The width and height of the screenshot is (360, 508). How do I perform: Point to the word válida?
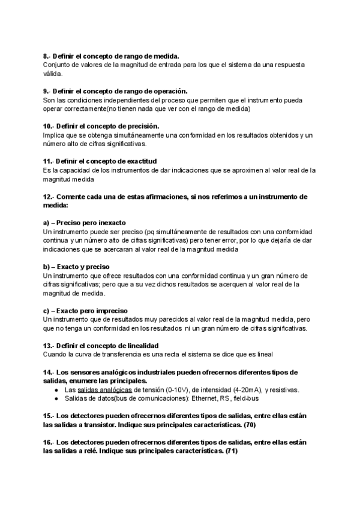click(53, 74)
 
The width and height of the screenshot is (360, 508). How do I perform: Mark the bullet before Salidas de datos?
click(56, 398)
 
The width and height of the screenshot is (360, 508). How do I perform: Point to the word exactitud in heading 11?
click(140, 161)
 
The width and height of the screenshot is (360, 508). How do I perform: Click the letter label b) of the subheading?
click(47, 266)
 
